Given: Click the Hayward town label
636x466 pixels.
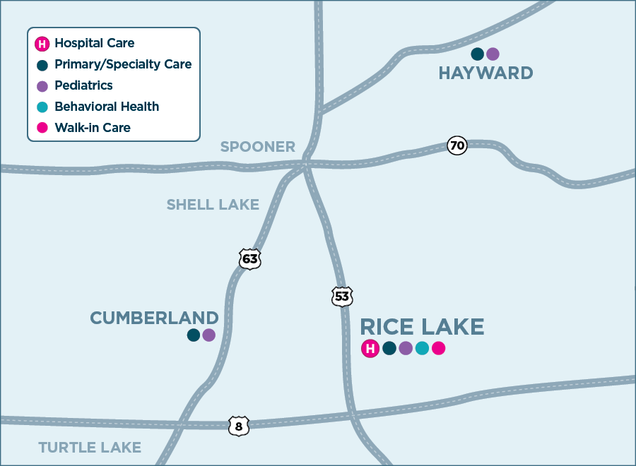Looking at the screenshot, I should (x=485, y=73).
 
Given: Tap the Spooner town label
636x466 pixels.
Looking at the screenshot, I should (x=257, y=147).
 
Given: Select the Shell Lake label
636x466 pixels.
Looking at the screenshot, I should (x=213, y=205).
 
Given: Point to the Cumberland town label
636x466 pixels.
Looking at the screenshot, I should (x=154, y=318).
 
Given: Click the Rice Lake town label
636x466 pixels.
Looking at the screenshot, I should (x=422, y=327).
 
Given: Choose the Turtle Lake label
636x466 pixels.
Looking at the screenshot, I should (x=90, y=448).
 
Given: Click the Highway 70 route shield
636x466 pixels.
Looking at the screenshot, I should (x=457, y=146).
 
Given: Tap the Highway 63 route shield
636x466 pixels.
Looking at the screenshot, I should (x=249, y=259).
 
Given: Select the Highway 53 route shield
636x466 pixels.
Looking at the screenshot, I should (x=342, y=297).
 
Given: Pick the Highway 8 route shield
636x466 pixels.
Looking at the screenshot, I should (x=239, y=426).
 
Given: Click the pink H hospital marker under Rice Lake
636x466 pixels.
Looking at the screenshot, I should (x=370, y=348).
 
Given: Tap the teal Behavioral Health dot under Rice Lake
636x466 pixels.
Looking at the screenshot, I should (x=422, y=348).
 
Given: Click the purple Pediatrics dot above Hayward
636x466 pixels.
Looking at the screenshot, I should (x=493, y=54).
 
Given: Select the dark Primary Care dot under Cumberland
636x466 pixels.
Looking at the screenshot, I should (x=193, y=335).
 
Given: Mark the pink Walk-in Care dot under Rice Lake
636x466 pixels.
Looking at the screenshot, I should (x=439, y=348).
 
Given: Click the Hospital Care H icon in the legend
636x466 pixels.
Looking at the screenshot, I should (x=42, y=44).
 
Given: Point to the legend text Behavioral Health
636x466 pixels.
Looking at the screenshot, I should (x=107, y=107).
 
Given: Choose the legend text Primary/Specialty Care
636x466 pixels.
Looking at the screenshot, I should (x=123, y=64).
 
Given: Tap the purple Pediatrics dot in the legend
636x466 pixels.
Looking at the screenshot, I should (x=42, y=86).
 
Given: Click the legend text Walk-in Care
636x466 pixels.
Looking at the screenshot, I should (x=93, y=128).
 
